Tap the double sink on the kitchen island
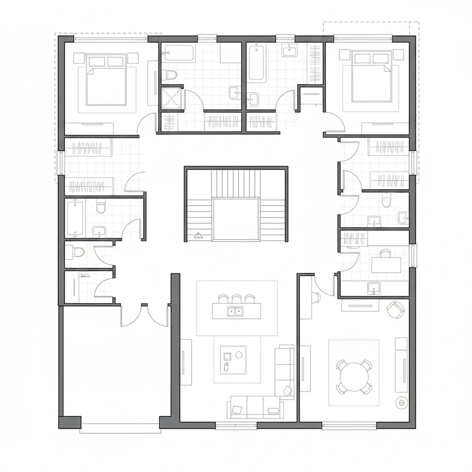pos(234,312)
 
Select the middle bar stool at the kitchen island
pos(236,299)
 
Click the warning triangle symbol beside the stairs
pos(199,236)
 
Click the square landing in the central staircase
pos(236,219)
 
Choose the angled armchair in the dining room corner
pos(395,309)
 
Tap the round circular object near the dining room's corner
pos(402,402)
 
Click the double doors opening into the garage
pos(145,315)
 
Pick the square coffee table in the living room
pos(233,360)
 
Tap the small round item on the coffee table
pos(239,354)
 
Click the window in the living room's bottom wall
pos(236,426)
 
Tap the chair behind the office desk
pos(385,252)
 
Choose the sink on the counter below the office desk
pos(374,288)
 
